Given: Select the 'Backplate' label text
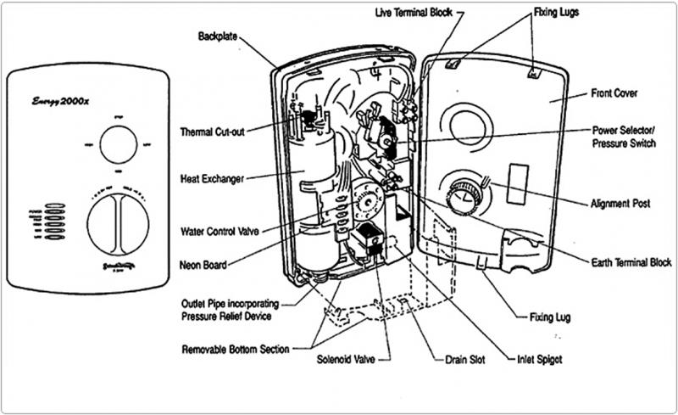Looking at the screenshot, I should click(219, 37).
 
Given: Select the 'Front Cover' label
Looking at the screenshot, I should click(614, 93).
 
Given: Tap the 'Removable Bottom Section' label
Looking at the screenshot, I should click(236, 349).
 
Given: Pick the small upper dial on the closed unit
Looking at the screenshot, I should click(118, 145).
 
